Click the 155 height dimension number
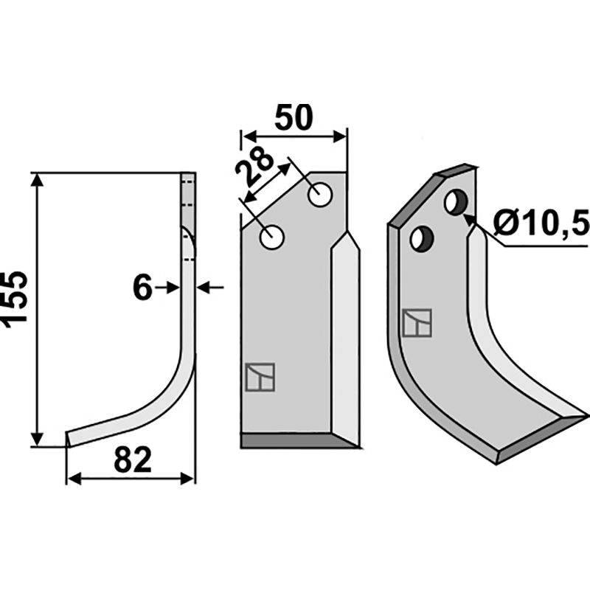(14, 296)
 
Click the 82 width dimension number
(133, 459)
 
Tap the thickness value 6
(142, 288)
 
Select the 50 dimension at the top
(294, 117)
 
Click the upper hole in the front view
(320, 195)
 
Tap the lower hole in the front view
(271, 237)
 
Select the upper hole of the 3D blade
(456, 202)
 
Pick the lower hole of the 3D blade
(422, 238)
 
